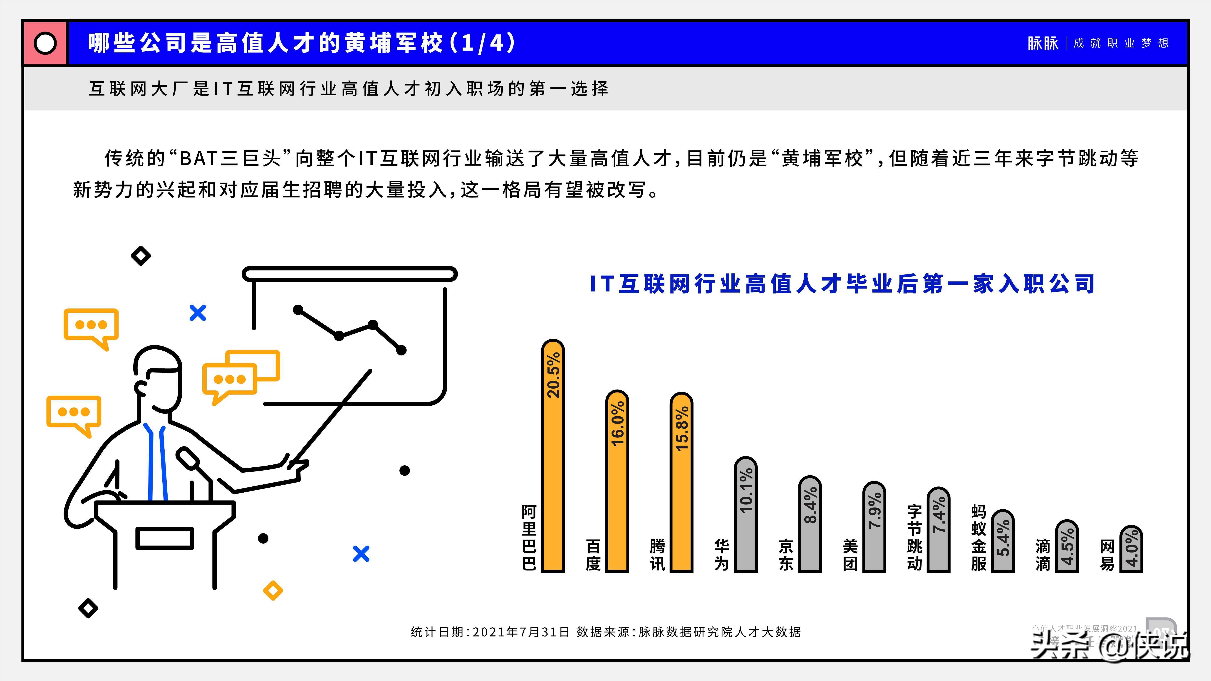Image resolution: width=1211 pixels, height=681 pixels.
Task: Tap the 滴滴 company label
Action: coord(1043,555)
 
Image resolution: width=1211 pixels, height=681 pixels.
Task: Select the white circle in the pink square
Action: coord(45,43)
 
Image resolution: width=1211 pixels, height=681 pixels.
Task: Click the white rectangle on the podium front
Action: coord(165,538)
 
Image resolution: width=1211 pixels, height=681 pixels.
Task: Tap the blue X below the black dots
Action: coord(361,554)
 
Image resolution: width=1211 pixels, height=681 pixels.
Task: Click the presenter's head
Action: coord(158,376)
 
